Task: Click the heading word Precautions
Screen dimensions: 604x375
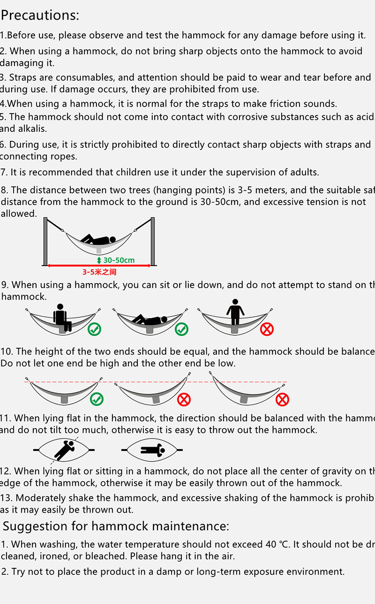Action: click(40, 15)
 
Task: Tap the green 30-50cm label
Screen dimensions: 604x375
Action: click(119, 260)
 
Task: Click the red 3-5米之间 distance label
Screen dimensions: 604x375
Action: click(99, 272)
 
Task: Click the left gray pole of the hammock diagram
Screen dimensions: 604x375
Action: click(46, 241)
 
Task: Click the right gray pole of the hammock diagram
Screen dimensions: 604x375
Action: click(153, 241)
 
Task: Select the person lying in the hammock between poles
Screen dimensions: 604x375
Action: click(99, 240)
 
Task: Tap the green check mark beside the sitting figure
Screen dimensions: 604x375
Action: click(95, 329)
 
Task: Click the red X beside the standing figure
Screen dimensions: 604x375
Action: click(267, 329)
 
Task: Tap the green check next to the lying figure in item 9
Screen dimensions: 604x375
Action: click(182, 329)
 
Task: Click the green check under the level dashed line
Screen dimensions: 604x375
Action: click(97, 399)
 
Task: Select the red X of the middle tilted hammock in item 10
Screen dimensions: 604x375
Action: click(184, 400)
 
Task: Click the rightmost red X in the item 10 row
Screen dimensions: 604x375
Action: click(282, 400)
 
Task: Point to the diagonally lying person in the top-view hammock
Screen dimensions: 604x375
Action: click(64, 450)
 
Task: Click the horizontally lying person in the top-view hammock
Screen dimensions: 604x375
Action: click(152, 450)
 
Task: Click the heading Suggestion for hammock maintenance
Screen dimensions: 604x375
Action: click(116, 526)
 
